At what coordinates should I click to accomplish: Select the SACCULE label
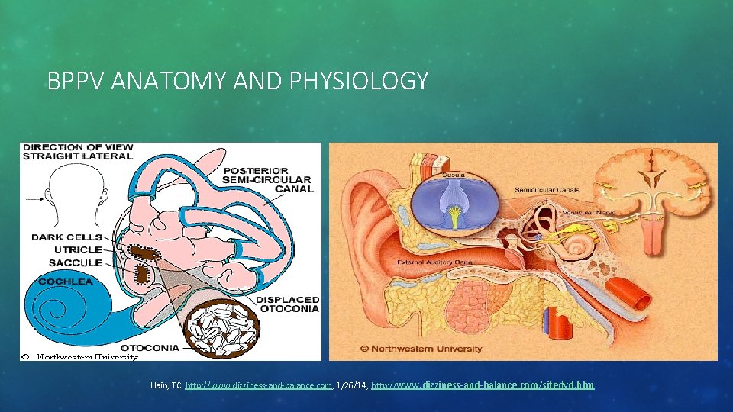coord(76,262)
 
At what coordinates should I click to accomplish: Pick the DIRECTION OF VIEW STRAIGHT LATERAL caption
coord(77,150)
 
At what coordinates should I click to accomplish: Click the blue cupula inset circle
coord(456,201)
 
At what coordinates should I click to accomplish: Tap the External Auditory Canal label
coord(436,262)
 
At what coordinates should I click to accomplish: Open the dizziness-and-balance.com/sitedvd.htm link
coord(482,385)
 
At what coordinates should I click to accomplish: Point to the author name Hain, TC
coord(166,386)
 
